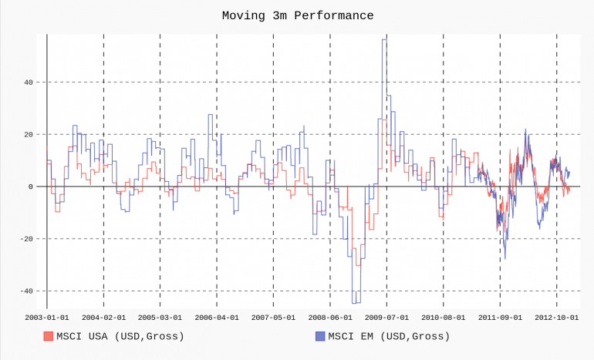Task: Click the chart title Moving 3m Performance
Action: pos(297,15)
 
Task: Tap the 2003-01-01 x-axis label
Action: pos(47,317)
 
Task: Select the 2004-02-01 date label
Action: pos(103,317)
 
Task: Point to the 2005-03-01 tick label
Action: pos(160,317)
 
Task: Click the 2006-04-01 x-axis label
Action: pos(217,317)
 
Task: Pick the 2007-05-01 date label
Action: pos(273,317)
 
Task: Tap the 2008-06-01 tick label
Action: pos(330,317)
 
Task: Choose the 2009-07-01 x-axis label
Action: pos(386,317)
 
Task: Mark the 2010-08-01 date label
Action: pos(444,317)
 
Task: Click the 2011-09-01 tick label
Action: pos(500,317)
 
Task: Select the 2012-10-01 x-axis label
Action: pos(556,317)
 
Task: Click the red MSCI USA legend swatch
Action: pos(48,336)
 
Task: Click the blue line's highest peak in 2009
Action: pos(383,39)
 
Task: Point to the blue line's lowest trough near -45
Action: pos(356,303)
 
